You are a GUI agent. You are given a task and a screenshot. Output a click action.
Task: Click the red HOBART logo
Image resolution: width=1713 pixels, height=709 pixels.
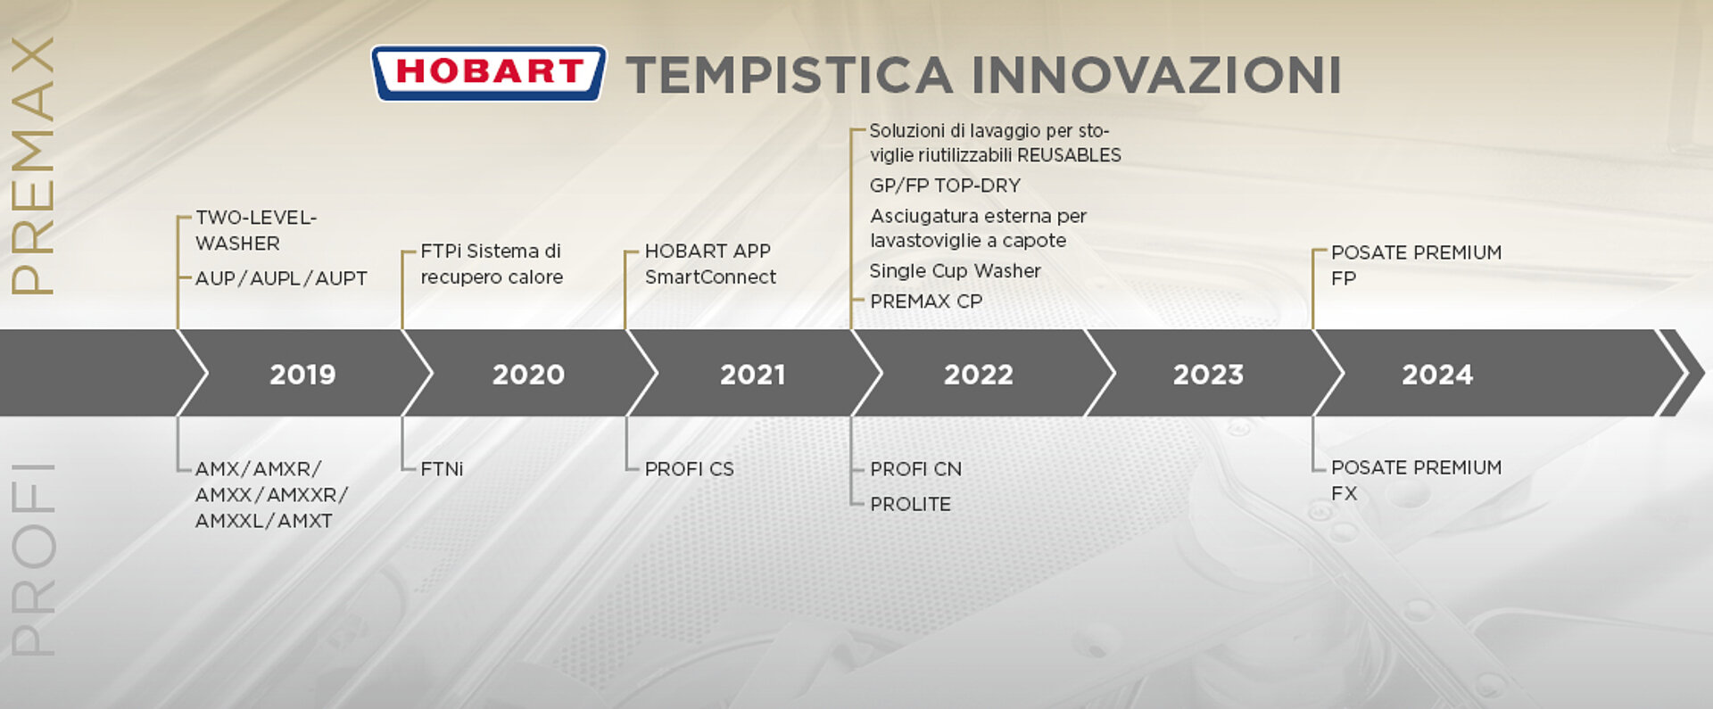click(489, 73)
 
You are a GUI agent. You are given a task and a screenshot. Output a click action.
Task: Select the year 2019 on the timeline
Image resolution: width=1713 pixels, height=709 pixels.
click(302, 375)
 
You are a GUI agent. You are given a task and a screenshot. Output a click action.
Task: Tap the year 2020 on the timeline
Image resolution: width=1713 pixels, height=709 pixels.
click(528, 375)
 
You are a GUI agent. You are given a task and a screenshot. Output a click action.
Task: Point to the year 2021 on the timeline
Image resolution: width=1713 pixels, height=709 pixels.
click(753, 375)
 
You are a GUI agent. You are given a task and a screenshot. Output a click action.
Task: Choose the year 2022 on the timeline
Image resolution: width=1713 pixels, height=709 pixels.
click(979, 375)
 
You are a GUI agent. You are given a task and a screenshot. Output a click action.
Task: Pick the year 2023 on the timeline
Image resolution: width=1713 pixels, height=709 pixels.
click(1208, 375)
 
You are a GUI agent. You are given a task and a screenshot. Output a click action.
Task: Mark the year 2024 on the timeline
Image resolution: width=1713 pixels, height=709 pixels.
click(1437, 375)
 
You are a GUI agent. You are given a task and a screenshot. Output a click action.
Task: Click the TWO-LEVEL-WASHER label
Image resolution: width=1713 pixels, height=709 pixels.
click(256, 230)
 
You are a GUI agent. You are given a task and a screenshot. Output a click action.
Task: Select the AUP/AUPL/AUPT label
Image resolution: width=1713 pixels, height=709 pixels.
click(281, 278)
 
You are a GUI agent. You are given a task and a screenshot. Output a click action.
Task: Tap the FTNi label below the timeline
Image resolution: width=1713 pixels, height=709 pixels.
click(442, 469)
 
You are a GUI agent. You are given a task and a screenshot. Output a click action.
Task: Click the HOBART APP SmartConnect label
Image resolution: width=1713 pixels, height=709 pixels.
click(710, 264)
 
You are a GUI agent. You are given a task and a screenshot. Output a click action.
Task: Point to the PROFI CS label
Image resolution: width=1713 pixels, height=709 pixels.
click(690, 469)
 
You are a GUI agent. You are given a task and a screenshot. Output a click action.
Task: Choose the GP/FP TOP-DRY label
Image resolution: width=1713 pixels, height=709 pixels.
click(945, 185)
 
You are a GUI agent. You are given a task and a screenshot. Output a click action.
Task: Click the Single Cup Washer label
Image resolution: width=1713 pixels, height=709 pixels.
click(956, 271)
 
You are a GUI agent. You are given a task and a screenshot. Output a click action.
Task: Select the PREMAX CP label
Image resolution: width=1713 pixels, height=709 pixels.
click(926, 301)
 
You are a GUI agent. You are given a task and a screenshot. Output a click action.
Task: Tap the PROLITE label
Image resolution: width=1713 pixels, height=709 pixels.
click(911, 504)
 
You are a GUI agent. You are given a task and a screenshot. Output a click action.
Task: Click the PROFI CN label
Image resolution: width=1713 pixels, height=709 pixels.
click(916, 469)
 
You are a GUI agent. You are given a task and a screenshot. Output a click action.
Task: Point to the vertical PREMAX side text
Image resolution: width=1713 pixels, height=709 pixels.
click(33, 166)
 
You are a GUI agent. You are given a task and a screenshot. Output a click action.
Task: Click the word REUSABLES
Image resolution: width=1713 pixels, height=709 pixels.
click(1069, 155)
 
